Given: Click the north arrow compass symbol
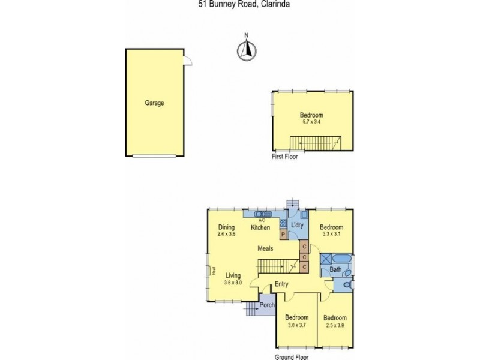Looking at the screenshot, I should pos(245,49).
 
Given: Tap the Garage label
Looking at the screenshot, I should pos(154,103).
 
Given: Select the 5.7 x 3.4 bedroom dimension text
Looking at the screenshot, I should pos(311,122).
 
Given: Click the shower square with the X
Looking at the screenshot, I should pos(325,259).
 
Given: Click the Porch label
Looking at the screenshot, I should pos(266,305).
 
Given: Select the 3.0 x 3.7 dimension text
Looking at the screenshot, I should pos(296,325).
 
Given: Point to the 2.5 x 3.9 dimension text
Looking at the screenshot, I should pos(335,325).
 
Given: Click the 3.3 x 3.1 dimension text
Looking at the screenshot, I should pos(331,235).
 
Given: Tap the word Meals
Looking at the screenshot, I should pos(266,248).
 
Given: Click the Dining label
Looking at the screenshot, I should pos(226,227).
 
